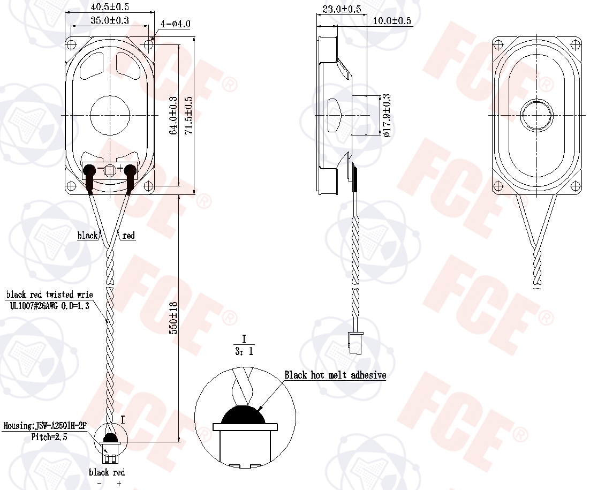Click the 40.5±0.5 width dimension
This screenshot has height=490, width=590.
point(110,7)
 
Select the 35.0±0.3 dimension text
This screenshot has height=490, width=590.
point(110,20)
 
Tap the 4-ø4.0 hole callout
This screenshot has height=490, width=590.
point(176,24)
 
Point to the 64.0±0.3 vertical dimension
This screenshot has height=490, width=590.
point(173,116)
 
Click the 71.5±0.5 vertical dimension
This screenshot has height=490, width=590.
point(188,116)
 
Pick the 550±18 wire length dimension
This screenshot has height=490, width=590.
point(174,318)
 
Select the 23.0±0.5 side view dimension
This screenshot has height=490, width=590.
point(342,9)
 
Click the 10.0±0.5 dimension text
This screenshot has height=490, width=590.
point(392,21)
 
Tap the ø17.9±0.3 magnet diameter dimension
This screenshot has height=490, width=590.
point(387,115)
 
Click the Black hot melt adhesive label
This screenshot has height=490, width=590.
point(335,375)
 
